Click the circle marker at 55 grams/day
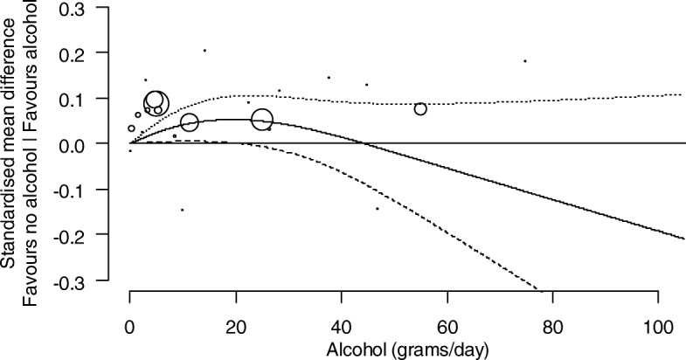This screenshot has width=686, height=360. (x=420, y=109)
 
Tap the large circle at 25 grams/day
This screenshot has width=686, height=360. (x=262, y=120)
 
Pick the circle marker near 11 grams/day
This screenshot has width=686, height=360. (x=189, y=122)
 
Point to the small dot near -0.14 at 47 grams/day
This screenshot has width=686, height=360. (x=378, y=209)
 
